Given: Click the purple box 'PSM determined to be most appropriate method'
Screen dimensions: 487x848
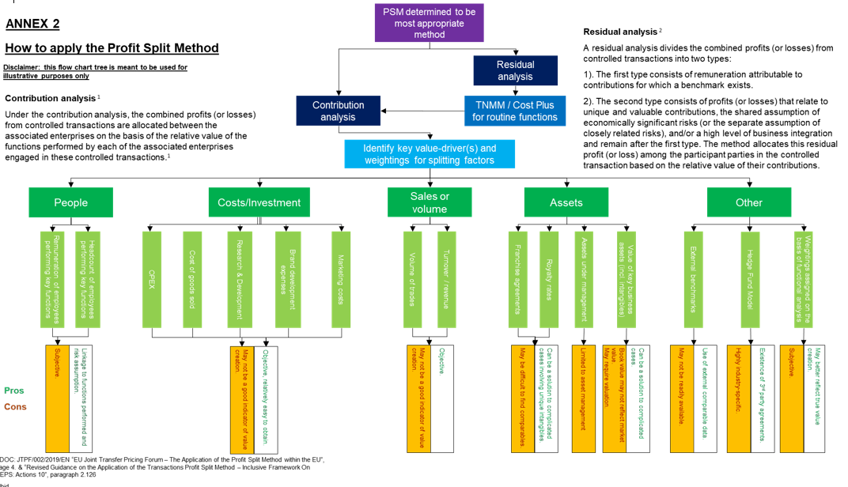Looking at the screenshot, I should click(x=430, y=23).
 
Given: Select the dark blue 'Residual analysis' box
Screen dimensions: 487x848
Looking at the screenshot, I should click(x=515, y=70).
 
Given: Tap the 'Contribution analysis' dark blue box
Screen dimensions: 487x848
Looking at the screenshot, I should click(x=338, y=111).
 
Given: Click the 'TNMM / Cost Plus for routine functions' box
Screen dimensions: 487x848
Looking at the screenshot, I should click(x=515, y=111).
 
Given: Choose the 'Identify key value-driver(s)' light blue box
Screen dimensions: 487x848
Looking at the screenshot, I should click(x=430, y=154).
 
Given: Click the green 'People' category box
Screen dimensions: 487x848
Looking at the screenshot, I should click(x=71, y=202).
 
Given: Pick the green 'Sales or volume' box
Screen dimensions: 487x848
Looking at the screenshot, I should click(x=430, y=202).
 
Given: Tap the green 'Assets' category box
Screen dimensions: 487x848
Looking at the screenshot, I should click(x=566, y=202).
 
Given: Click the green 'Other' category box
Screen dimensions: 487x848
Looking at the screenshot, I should click(x=748, y=202).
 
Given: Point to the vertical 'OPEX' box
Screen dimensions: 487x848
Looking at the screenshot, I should click(x=152, y=280).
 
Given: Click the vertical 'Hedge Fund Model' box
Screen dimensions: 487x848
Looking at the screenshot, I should click(x=748, y=280).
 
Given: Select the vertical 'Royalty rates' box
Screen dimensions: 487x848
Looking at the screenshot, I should click(x=550, y=280).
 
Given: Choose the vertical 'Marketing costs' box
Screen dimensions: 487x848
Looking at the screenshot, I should click(x=342, y=280).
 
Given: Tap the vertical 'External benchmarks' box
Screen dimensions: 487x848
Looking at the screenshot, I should click(x=692, y=280).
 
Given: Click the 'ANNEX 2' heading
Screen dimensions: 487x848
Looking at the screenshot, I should click(x=32, y=25).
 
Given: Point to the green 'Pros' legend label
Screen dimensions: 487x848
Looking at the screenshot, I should click(x=14, y=391).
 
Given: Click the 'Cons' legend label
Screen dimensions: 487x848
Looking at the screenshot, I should click(x=15, y=407).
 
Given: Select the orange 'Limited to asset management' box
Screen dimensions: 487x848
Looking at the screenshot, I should click(x=583, y=398).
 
